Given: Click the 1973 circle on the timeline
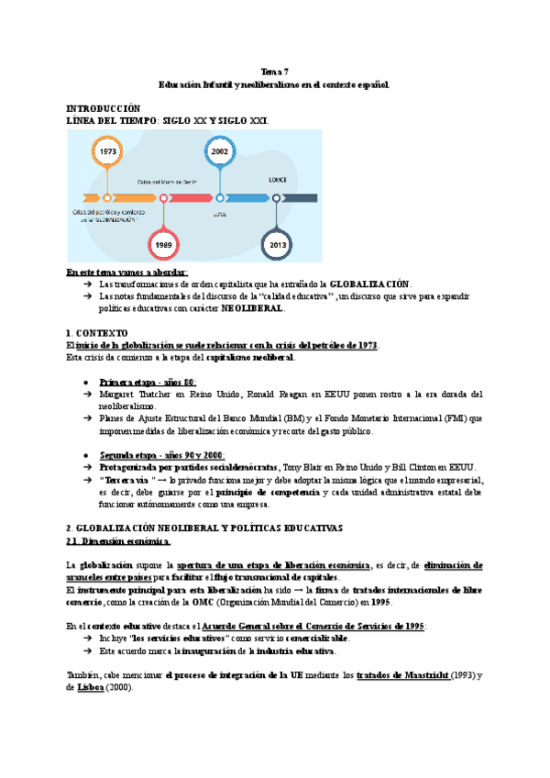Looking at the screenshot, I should tap(107, 151).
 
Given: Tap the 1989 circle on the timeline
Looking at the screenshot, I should tap(163, 245).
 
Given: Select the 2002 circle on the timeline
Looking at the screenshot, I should tap(220, 151).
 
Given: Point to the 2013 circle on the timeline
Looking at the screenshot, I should tap(276, 245).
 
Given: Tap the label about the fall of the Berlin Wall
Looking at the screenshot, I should tap(167, 183).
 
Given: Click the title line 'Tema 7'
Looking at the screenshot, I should tap(275, 71).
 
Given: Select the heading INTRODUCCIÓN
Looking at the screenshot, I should tap(104, 108).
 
